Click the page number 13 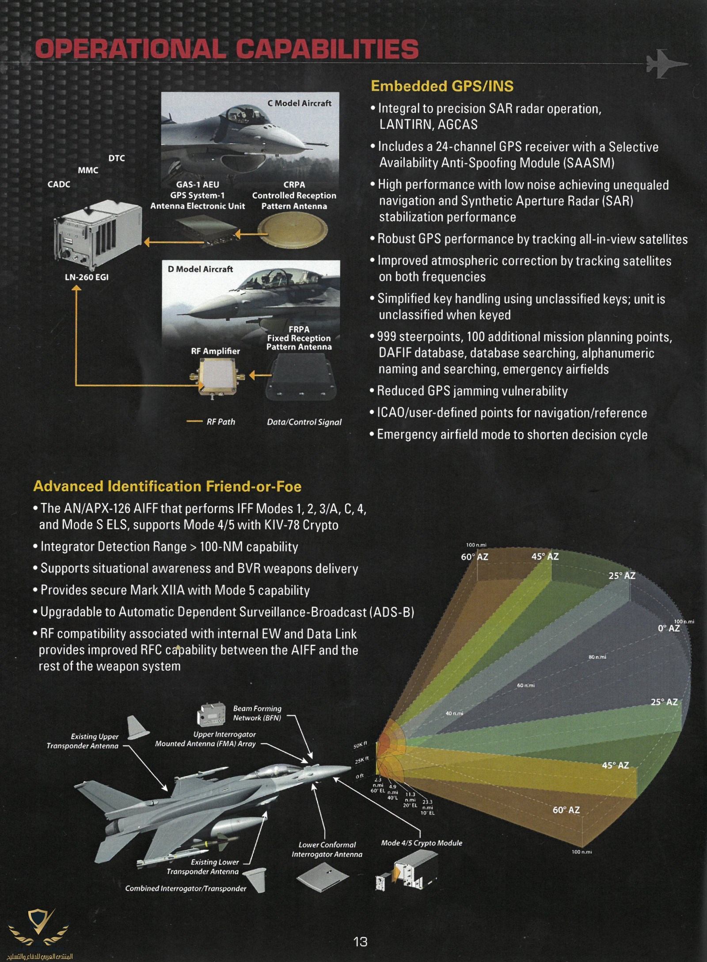pos(360,942)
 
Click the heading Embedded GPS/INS pos(442,86)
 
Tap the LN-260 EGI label pos(87,278)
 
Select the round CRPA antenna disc pos(294,231)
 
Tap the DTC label pos(117,158)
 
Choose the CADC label pos(59,184)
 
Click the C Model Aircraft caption pos(299,103)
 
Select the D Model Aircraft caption pos(200,269)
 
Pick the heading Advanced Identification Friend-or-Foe pos(167,487)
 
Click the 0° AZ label pos(669,628)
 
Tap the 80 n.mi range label pos(597,657)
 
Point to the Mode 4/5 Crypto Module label pos(422,843)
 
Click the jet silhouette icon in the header pos(665,63)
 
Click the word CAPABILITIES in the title pos(327,49)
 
